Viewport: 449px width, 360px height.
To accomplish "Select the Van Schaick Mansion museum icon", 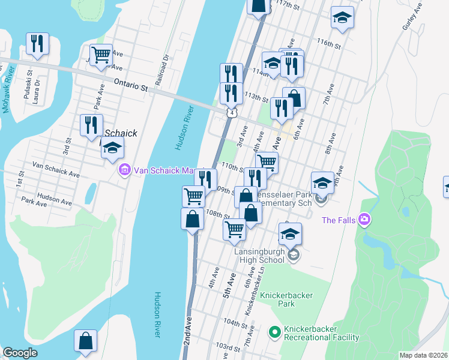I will (x=125, y=170).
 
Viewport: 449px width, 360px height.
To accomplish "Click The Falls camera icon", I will (x=364, y=220).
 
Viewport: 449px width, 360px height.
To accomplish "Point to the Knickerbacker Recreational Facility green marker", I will (x=274, y=331).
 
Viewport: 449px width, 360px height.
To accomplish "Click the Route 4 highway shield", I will (x=231, y=112).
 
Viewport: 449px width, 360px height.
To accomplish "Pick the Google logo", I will (x=20, y=353).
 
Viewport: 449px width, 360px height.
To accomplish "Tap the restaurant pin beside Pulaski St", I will (x=37, y=43).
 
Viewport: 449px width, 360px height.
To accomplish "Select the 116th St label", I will (x=330, y=44).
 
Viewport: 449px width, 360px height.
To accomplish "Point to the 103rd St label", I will (x=228, y=347).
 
